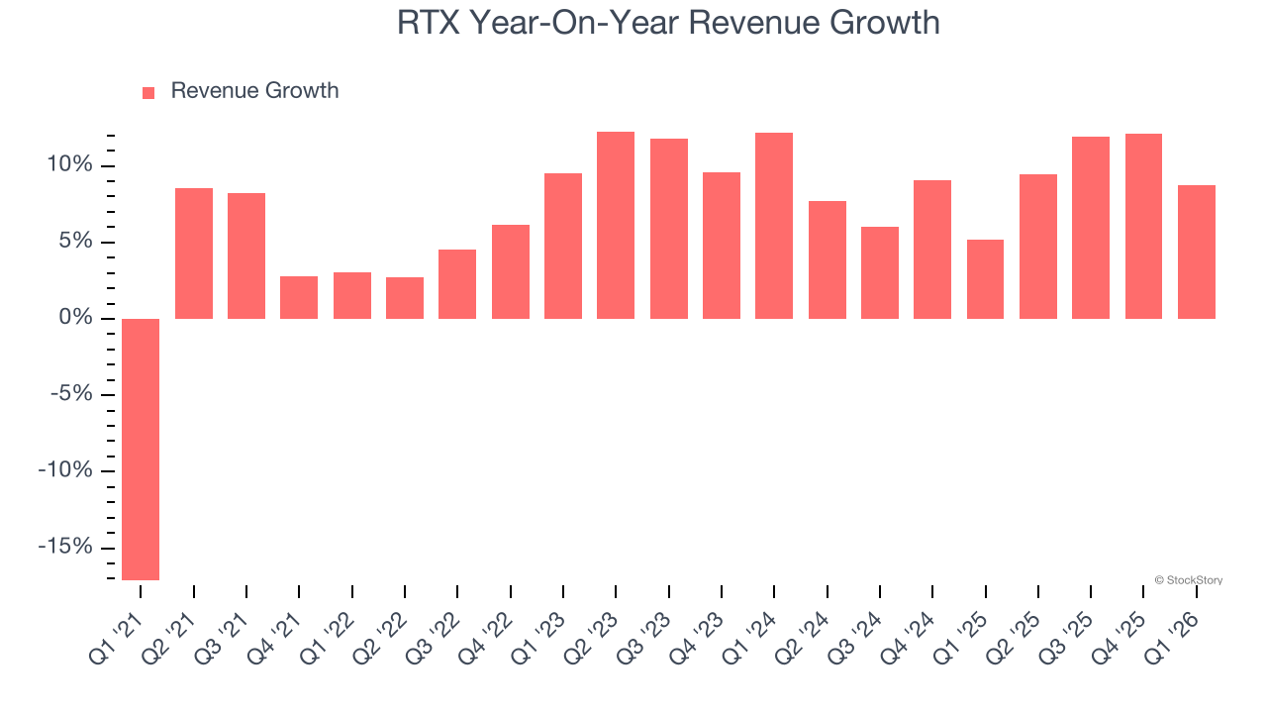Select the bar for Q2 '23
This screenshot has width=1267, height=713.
[x=616, y=225]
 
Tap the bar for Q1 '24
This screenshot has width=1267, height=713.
[x=774, y=226]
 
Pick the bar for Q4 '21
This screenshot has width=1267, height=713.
[x=299, y=297]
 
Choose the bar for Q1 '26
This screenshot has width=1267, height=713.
[x=1197, y=252]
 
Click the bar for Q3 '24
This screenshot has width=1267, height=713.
[x=880, y=272]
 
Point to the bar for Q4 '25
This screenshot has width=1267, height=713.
[x=1143, y=226]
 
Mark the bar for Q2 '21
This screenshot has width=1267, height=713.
[x=194, y=254]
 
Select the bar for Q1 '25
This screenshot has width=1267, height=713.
[x=985, y=278]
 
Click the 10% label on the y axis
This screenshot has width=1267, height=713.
[x=69, y=165]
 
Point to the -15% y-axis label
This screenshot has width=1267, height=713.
[x=65, y=548]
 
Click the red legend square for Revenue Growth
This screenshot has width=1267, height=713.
[x=148, y=92]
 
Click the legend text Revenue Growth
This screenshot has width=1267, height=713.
[x=254, y=91]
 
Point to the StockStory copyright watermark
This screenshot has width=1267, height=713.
[x=1188, y=580]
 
